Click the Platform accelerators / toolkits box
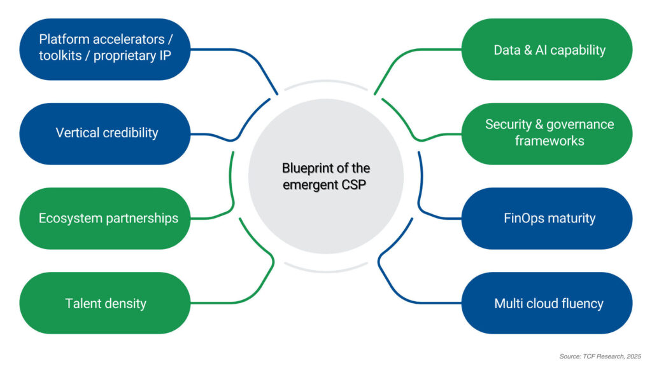tap(105, 49)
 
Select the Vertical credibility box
tap(105, 133)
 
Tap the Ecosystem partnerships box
tap(105, 218)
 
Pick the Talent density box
tap(105, 303)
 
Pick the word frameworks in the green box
tap(549, 141)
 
